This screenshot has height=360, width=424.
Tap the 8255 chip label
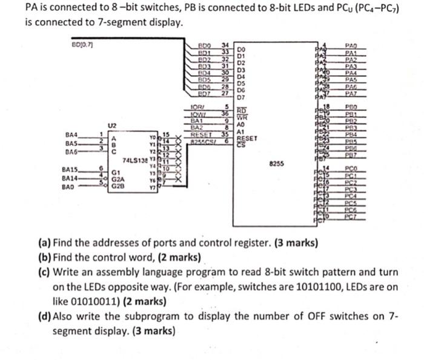[x=274, y=164]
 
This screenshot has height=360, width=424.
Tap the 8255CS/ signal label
[x=200, y=141]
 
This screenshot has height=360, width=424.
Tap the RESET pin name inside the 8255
[x=248, y=138]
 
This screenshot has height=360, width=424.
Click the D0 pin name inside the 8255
[x=240, y=50]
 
